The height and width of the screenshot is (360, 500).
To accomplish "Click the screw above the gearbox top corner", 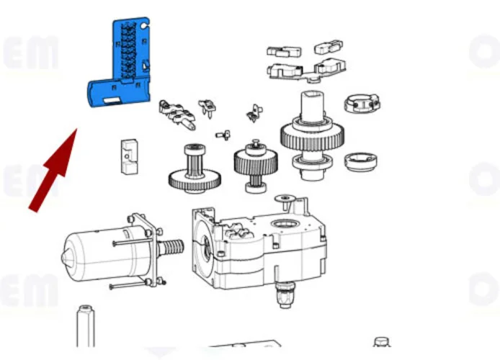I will pyautogui.click(x=286, y=198).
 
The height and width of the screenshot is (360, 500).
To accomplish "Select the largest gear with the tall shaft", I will pyautogui.click(x=312, y=137).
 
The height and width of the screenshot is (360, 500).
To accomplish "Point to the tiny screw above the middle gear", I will pyautogui.click(x=223, y=134).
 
